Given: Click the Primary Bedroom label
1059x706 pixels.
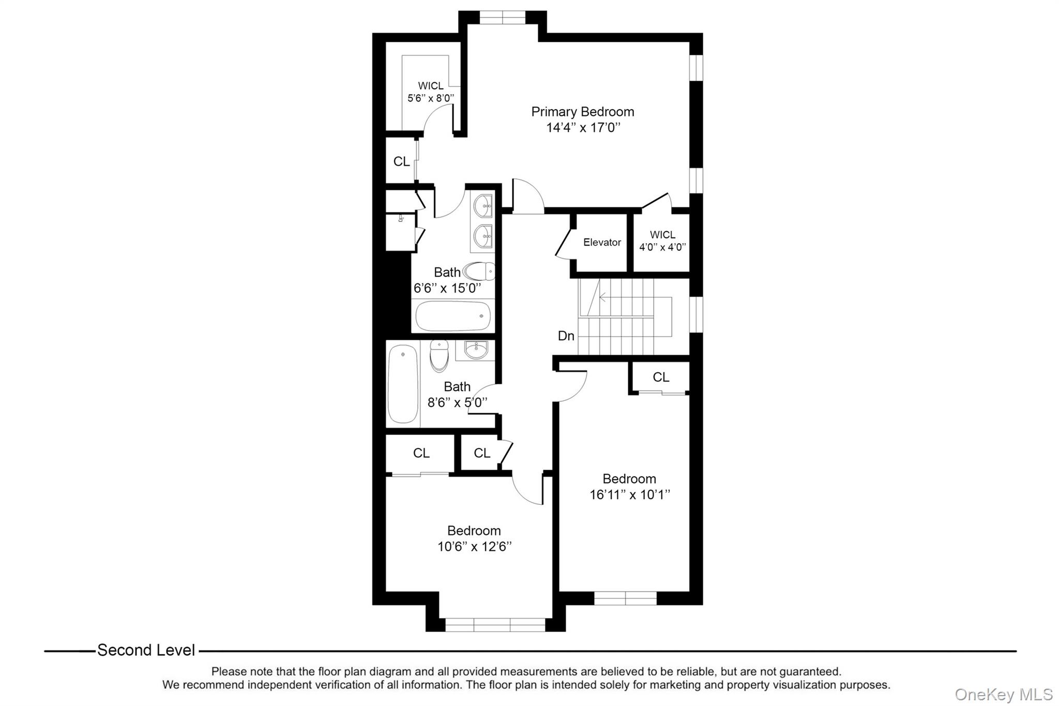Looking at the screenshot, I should [x=582, y=112].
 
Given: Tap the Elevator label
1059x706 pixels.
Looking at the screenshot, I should [x=602, y=242].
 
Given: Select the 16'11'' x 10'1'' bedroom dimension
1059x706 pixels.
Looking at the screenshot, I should [x=629, y=495].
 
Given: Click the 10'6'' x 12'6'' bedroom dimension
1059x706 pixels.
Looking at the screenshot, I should [x=474, y=547].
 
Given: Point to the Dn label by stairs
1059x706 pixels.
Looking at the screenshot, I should [x=566, y=336].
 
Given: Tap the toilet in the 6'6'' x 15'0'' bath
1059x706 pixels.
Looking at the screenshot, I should [x=479, y=271].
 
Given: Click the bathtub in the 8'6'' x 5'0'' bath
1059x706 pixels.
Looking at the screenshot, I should [x=403, y=384].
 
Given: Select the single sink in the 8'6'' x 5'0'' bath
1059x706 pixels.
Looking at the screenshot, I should [x=475, y=350].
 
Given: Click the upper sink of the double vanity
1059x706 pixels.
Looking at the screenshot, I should [x=483, y=206].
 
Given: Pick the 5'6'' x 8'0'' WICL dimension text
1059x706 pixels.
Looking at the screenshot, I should [x=430, y=98].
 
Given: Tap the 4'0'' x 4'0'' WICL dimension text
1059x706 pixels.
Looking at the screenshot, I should [x=662, y=247].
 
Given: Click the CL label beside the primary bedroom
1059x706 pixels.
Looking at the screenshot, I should [x=401, y=162].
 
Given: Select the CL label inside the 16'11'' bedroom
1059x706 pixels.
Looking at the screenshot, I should [x=661, y=378].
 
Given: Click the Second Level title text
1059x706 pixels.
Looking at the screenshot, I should [x=146, y=650].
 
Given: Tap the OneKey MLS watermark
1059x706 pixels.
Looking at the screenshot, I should [x=1003, y=694].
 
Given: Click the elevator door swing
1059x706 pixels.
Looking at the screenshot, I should [x=564, y=243].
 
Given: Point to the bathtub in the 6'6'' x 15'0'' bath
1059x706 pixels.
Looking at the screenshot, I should [x=453, y=316].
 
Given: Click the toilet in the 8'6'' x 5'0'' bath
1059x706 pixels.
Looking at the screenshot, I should [x=439, y=356].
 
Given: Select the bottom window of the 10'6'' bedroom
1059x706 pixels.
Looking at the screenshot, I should [x=495, y=625].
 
